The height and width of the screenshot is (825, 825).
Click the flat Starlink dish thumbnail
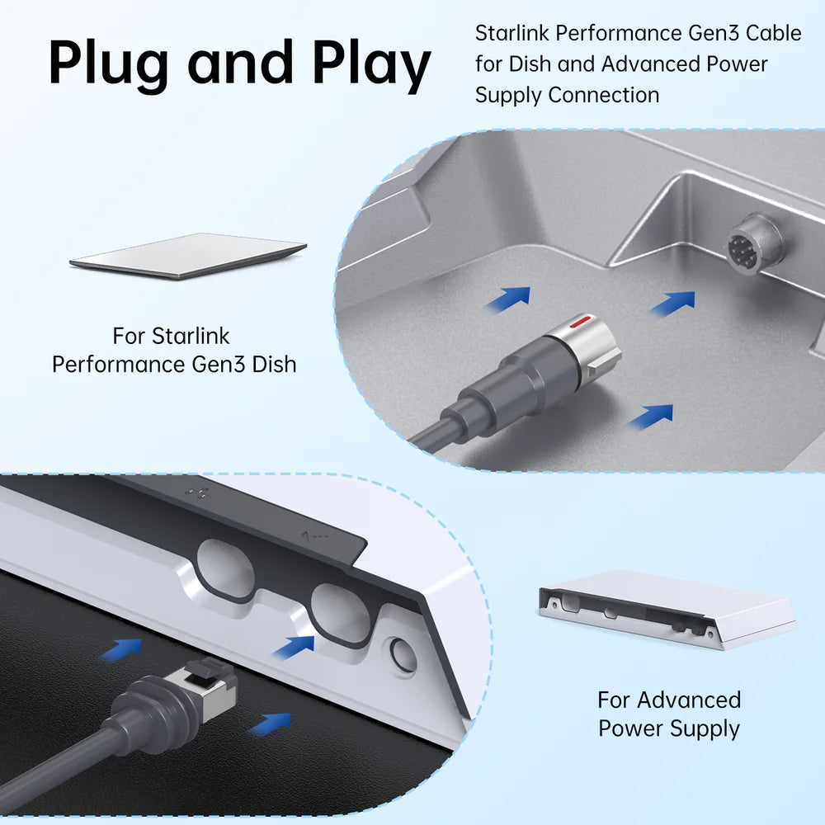188,256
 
